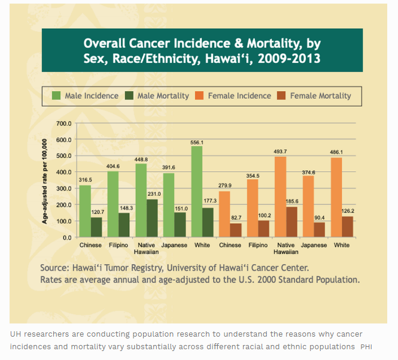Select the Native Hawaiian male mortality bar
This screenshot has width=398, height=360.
(153, 218)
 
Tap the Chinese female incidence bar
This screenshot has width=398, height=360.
(224, 214)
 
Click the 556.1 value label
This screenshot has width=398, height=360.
(197, 143)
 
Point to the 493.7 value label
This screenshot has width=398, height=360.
(280, 152)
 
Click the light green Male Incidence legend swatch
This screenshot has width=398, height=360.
(56, 95)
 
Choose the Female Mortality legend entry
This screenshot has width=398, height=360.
(321, 95)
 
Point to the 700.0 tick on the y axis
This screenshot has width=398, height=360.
(63, 123)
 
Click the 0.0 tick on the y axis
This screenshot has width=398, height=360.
(67, 237)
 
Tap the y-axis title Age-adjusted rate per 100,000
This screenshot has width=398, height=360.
(45, 180)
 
